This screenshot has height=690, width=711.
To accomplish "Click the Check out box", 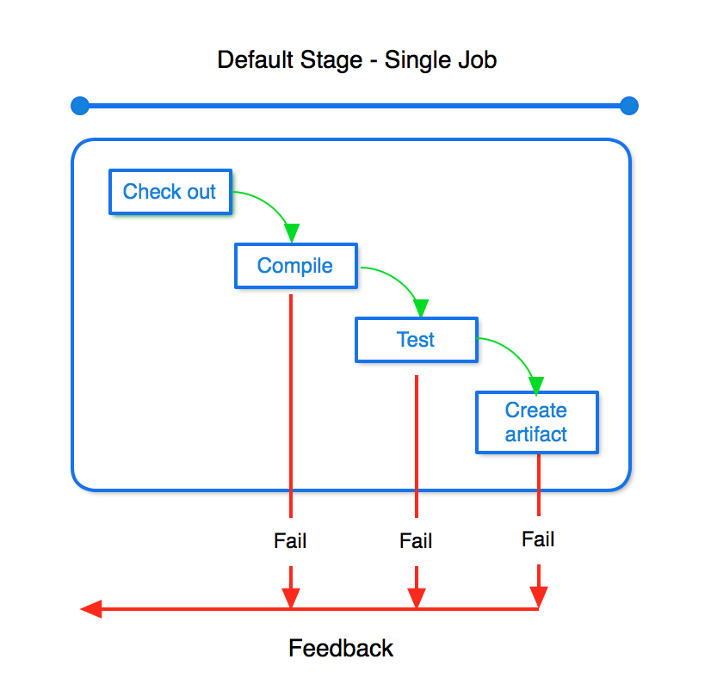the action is pos(170,192).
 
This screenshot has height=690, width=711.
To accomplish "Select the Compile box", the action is pos(296,266).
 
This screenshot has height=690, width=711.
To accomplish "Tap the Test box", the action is pos(417,340).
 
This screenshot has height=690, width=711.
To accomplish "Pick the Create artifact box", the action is pos(537,422).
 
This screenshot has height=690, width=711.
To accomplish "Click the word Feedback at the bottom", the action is pos(341,648).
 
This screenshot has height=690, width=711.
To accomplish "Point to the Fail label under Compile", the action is pos(290,540).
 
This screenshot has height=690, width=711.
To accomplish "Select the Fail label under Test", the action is pos(416,540).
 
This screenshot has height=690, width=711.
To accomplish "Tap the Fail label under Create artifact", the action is pos(538,539).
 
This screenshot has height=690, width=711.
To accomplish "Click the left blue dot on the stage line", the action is pos(80,106).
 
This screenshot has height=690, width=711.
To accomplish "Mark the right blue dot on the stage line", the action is pos(629,106).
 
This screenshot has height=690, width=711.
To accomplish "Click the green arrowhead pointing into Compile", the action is pos(292,232).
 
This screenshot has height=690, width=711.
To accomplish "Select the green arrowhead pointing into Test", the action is pos(421,308).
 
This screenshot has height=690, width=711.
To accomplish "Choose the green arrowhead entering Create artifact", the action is pos(536,385).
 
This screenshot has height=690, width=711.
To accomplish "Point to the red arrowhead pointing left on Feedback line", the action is pos(91,609).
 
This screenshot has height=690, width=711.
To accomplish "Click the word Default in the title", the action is pos(256,60).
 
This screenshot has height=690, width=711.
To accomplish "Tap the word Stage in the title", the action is pos(331,61).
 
